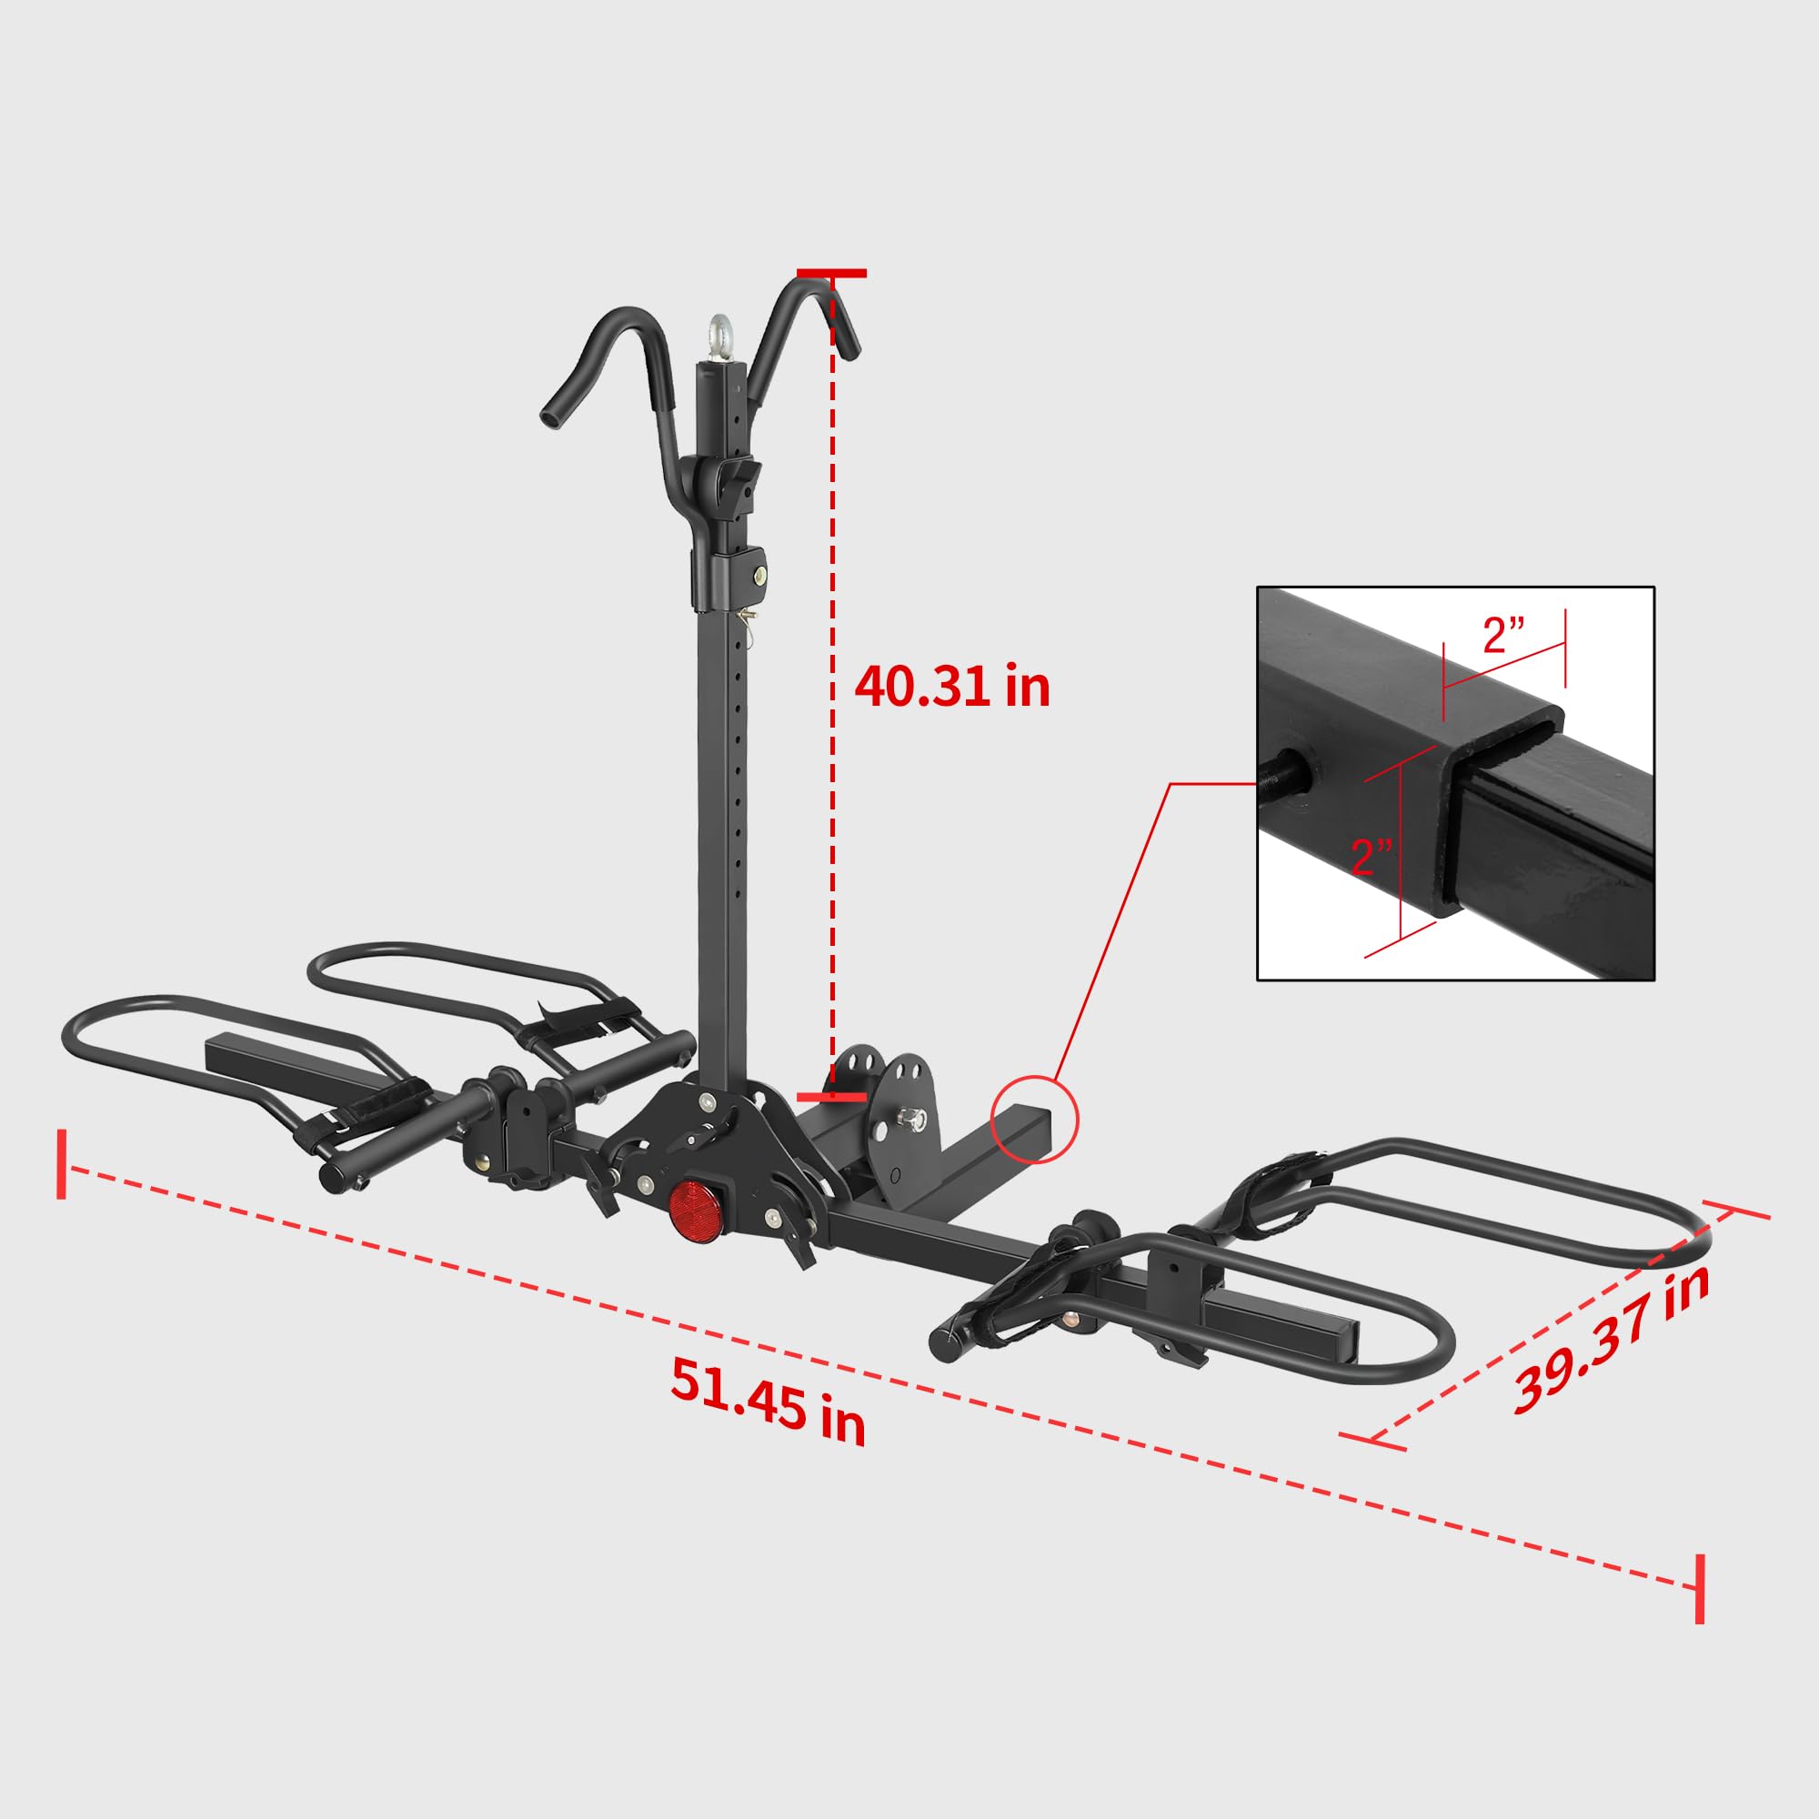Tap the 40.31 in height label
tap(952, 687)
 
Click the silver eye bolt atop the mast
tap(721, 339)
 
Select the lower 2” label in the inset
tap(1371, 856)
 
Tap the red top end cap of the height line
tap(831, 274)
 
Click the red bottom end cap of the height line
tap(831, 1097)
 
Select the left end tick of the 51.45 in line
tap(62, 1164)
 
